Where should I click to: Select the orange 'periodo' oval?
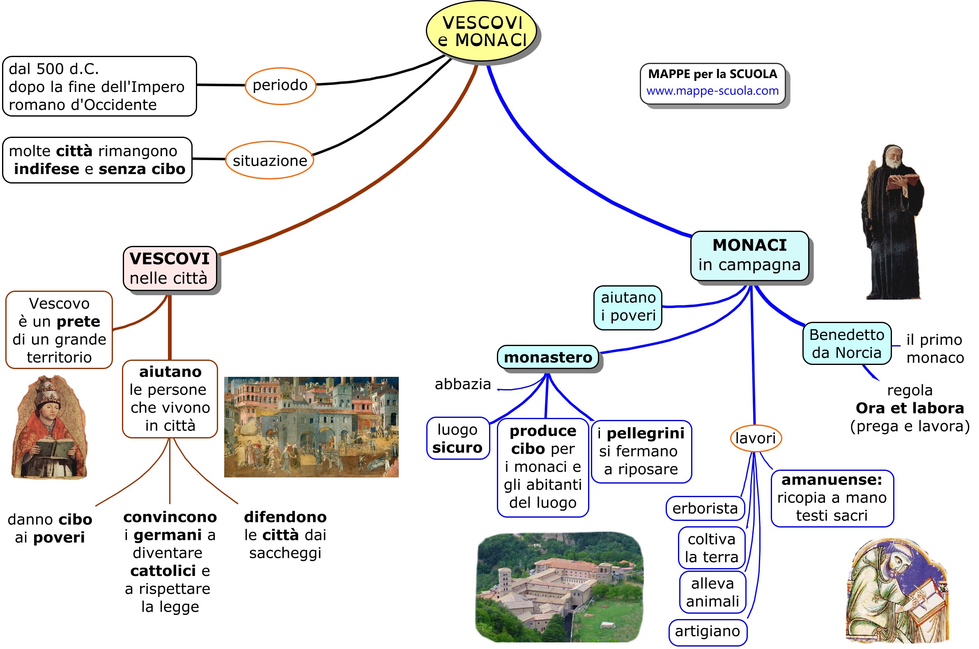click(280, 85)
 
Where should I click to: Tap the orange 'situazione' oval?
click(269, 160)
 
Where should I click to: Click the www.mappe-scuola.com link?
click(712, 91)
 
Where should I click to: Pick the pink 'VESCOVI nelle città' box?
click(170, 268)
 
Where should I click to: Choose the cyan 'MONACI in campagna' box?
click(749, 255)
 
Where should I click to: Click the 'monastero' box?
click(548, 357)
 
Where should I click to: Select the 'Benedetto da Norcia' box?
click(846, 344)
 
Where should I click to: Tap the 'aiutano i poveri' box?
click(628, 307)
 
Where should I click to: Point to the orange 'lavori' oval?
click(755, 438)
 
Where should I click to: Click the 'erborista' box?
click(705, 508)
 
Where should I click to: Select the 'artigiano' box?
click(708, 631)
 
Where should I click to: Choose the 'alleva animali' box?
click(712, 592)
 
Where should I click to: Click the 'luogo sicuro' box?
click(457, 438)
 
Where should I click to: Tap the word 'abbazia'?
click(462, 384)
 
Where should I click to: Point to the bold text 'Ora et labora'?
click(910, 408)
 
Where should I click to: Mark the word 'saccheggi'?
click(285, 553)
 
